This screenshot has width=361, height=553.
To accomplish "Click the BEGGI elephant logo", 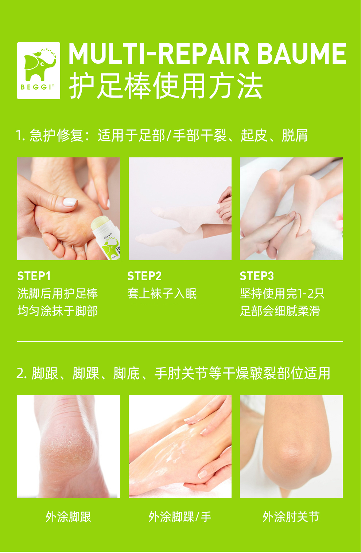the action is pyautogui.click(x=39, y=71).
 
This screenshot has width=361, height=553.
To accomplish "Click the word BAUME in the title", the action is pyautogui.click(x=301, y=54).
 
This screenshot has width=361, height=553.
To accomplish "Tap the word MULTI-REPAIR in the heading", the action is pyautogui.click(x=159, y=54).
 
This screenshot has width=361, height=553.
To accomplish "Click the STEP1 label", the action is pyautogui.click(x=34, y=276).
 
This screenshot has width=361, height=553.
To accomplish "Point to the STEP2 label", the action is pyautogui.click(x=144, y=276).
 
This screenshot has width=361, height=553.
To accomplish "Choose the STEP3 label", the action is pyautogui.click(x=257, y=276).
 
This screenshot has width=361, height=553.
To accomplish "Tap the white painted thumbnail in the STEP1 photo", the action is pyautogui.click(x=70, y=202).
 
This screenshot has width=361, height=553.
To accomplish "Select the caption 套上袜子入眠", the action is pyautogui.click(x=162, y=294).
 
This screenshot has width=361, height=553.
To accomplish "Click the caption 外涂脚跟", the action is pyautogui.click(x=69, y=517).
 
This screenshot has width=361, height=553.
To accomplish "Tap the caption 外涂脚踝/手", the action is pyautogui.click(x=180, y=517).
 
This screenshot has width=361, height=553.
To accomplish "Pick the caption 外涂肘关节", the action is pyautogui.click(x=291, y=517).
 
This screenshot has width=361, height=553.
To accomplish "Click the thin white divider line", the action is pyautogui.click(x=180, y=341).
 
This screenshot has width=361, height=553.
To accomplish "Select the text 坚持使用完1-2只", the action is pyautogui.click(x=282, y=294).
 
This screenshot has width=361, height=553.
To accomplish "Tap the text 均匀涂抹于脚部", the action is pyautogui.click(x=58, y=311).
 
